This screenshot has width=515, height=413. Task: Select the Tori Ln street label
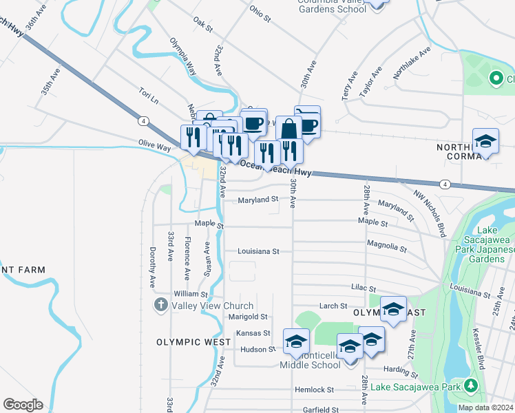[x=148, y=96]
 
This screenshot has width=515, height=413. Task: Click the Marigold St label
[x=248, y=317]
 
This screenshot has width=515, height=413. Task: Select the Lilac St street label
[x=362, y=289]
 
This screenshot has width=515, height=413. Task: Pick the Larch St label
[x=333, y=306]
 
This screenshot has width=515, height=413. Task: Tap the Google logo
[x=23, y=405]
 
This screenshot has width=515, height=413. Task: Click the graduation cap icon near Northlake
[x=486, y=142]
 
